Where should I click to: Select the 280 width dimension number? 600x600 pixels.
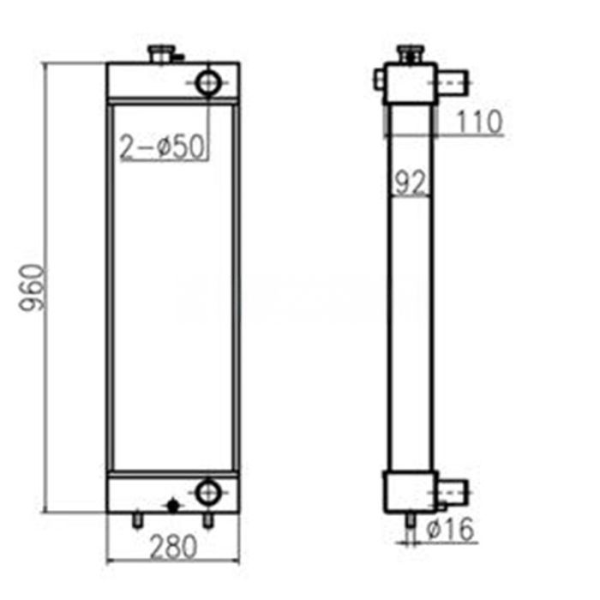pos(172,545)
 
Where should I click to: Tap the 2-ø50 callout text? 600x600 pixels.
pos(162,147)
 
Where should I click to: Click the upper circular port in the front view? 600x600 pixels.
pos(208,83)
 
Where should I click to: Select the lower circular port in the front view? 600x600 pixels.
pos(207,491)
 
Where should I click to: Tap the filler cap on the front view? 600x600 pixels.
pos(160,55)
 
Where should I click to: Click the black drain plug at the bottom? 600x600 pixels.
pos(173,506)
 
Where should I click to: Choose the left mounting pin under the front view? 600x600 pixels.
pos(136,519)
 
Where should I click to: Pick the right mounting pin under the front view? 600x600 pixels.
pos(207,519)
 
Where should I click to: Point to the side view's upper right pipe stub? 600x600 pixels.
pos(453,83)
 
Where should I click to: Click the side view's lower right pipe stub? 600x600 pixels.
pos(453,492)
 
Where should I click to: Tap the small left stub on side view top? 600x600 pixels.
pos(380,83)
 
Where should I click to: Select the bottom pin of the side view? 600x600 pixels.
pos(408,522)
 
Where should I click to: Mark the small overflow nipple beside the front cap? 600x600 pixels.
pos(177,58)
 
